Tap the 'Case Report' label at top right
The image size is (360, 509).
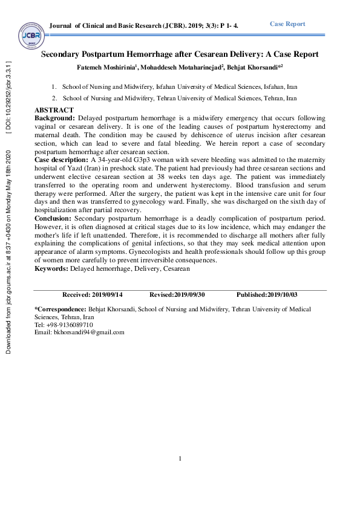pos(287,24)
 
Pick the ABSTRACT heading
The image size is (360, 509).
pos(54,109)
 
